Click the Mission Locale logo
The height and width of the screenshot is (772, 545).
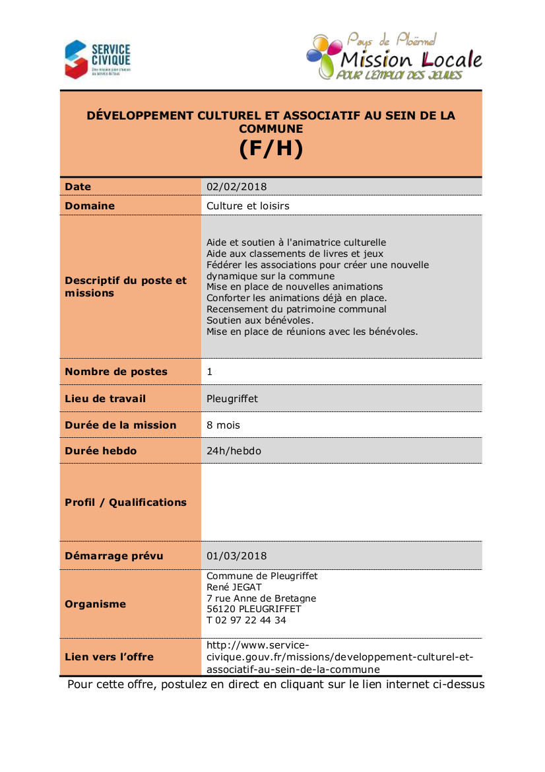(394, 57)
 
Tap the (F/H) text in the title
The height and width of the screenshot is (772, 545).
(271, 149)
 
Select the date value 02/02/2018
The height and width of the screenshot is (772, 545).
(236, 187)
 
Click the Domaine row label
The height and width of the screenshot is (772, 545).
(90, 206)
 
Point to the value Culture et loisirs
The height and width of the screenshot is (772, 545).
(247, 206)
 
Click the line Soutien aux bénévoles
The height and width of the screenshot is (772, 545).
(251, 320)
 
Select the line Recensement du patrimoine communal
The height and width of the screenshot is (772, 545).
(296, 309)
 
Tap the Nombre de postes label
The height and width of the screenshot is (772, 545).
(116, 372)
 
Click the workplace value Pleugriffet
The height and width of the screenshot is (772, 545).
(232, 399)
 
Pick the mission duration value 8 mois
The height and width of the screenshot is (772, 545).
(224, 425)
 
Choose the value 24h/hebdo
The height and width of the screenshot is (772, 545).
(234, 451)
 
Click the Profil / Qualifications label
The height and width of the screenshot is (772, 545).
(125, 503)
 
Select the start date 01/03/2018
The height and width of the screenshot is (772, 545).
(236, 556)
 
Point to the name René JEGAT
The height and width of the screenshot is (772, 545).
(234, 587)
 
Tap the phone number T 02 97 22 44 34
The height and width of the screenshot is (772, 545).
(246, 621)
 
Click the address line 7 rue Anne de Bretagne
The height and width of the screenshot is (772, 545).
(261, 598)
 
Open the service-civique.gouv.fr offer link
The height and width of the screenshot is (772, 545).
(340, 657)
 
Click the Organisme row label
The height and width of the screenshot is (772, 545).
(95, 604)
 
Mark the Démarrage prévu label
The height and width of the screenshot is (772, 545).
(113, 556)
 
